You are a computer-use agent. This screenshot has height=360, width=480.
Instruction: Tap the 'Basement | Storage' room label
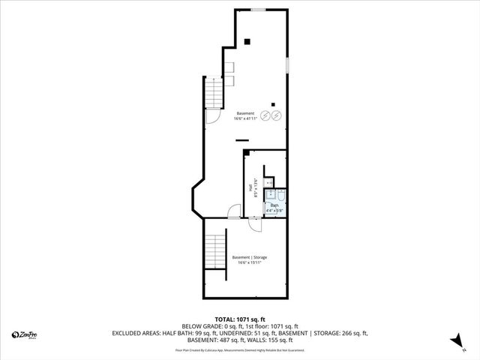coord(249,260)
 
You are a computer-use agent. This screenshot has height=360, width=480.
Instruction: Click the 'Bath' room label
coord(274,208)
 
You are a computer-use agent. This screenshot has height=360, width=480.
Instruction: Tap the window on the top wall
coord(258,10)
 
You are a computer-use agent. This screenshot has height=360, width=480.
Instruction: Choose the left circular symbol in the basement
coord(264,115)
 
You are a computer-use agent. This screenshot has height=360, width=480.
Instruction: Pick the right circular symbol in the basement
coord(276,115)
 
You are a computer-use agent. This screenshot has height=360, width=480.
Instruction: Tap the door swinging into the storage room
coord(234,212)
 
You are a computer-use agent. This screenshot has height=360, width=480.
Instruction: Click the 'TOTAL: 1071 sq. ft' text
coord(240,319)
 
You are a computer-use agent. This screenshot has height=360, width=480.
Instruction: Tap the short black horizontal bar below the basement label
coord(241,139)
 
